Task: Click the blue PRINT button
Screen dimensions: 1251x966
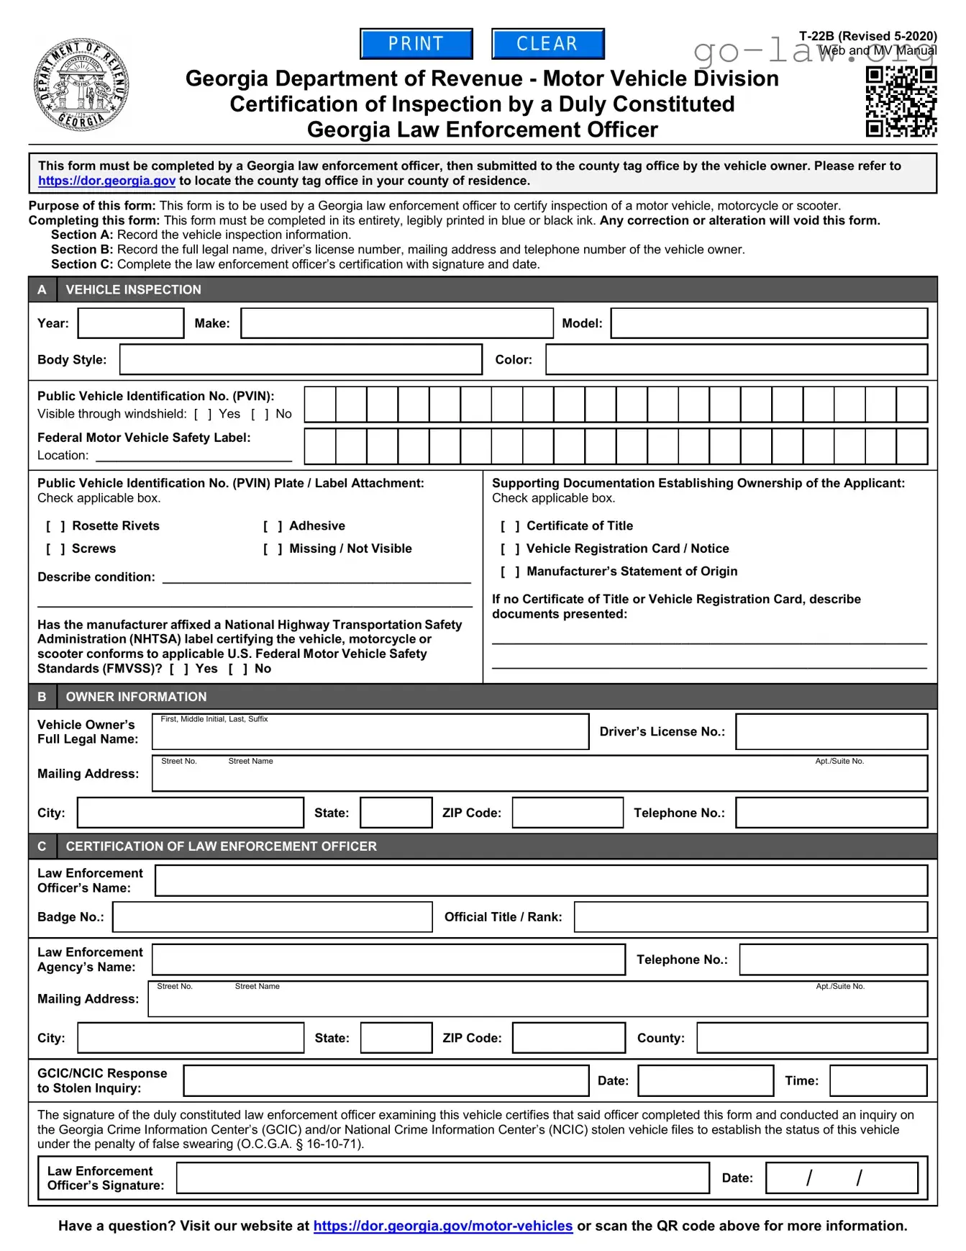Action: [416, 44]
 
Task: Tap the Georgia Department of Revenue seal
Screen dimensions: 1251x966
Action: [82, 85]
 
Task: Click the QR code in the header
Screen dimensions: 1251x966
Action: [901, 101]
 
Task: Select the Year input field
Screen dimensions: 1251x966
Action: [131, 323]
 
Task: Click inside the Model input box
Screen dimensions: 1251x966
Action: [769, 323]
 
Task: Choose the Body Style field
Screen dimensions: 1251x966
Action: [301, 359]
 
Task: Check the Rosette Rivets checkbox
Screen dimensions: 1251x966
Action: [55, 526]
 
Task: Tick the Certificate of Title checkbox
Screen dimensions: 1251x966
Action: [510, 526]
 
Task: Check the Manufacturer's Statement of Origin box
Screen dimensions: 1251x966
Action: [510, 572]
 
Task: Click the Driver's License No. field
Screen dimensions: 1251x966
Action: [831, 732]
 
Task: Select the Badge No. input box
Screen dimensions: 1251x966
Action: [273, 917]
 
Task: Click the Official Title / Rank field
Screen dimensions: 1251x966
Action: [751, 917]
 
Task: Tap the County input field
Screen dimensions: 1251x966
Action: [812, 1038]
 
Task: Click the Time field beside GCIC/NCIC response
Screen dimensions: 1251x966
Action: [878, 1080]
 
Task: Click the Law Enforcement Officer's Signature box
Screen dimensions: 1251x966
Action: [442, 1178]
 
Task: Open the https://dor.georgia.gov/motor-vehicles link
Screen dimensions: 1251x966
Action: [443, 1226]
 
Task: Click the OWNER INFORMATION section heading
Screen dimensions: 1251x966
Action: [136, 697]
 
